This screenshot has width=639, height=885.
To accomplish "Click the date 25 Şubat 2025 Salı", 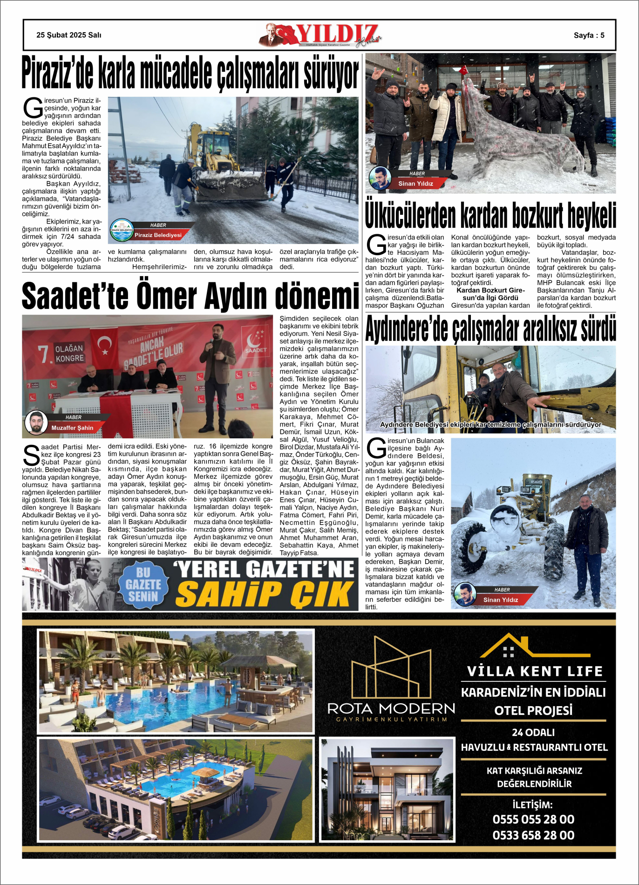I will click(x=69, y=35).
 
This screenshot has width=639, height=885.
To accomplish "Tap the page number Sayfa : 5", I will click(x=589, y=35).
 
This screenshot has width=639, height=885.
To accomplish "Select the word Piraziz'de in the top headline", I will click(x=58, y=74).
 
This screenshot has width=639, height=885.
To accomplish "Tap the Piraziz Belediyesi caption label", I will click(x=158, y=235).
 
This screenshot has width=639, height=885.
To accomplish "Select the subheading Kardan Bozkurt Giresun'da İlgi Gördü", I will click(x=490, y=294).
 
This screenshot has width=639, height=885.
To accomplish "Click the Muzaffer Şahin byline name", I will click(x=72, y=428).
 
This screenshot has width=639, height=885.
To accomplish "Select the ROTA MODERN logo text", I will click(x=391, y=709).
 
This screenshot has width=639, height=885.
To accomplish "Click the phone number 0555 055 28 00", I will click(x=533, y=819).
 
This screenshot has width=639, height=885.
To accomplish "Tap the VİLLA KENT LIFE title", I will click(x=535, y=671).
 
